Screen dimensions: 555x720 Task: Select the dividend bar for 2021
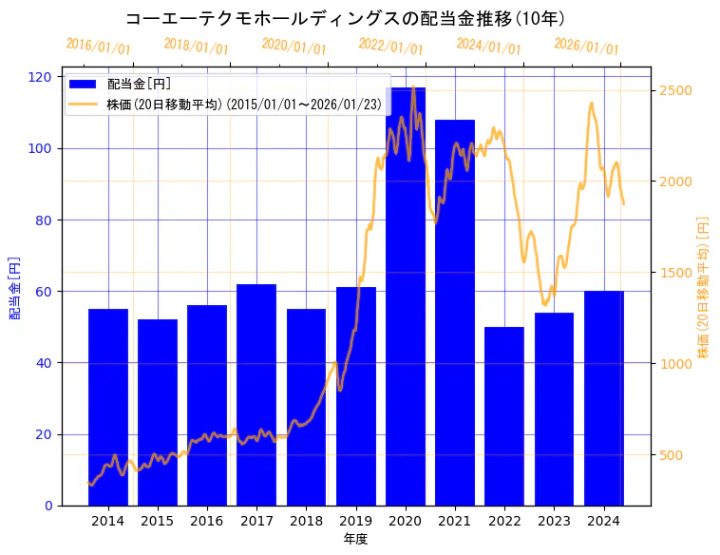pyautogui.click(x=455, y=314)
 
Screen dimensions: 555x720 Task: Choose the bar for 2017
pyautogui.click(x=256, y=394)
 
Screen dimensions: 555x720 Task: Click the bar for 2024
pyautogui.click(x=604, y=399)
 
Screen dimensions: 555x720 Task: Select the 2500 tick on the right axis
pyautogui.click(x=675, y=91)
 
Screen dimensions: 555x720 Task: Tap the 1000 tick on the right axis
pyautogui.click(x=675, y=364)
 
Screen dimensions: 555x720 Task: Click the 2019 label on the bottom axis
pyautogui.click(x=355, y=521)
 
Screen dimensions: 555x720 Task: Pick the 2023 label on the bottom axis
pyautogui.click(x=554, y=521)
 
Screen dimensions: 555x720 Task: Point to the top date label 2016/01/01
pyautogui.click(x=99, y=47)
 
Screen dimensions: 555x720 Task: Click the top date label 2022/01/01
pyautogui.click(x=391, y=47)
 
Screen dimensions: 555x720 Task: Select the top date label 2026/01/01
pyautogui.click(x=586, y=47)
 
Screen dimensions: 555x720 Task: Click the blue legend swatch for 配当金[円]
pyautogui.click(x=84, y=84)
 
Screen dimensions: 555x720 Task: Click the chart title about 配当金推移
pyautogui.click(x=346, y=18)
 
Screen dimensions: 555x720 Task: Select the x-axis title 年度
pyautogui.click(x=355, y=539)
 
